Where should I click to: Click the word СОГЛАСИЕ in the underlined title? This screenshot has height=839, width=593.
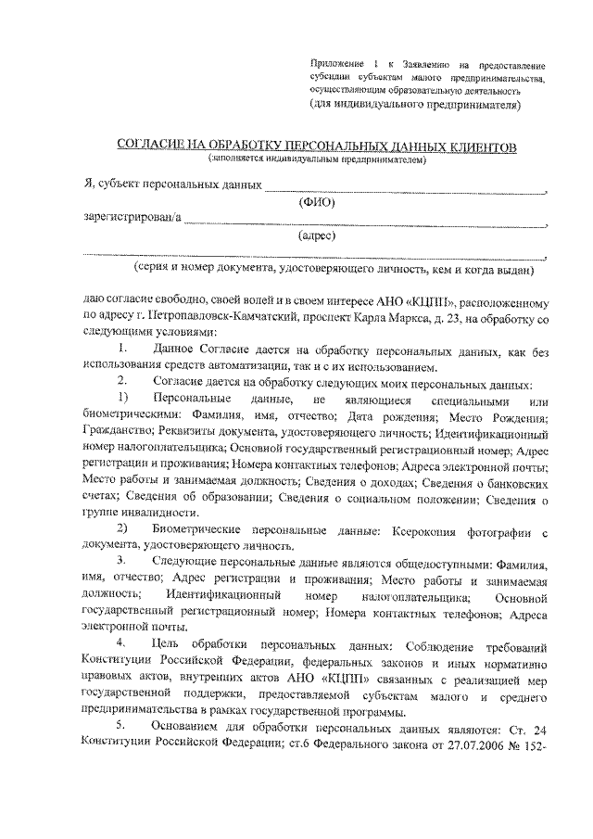pyautogui.click(x=152, y=147)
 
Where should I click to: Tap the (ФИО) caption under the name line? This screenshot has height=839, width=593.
pyautogui.click(x=315, y=202)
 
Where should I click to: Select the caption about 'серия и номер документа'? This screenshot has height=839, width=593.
pyautogui.click(x=333, y=270)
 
